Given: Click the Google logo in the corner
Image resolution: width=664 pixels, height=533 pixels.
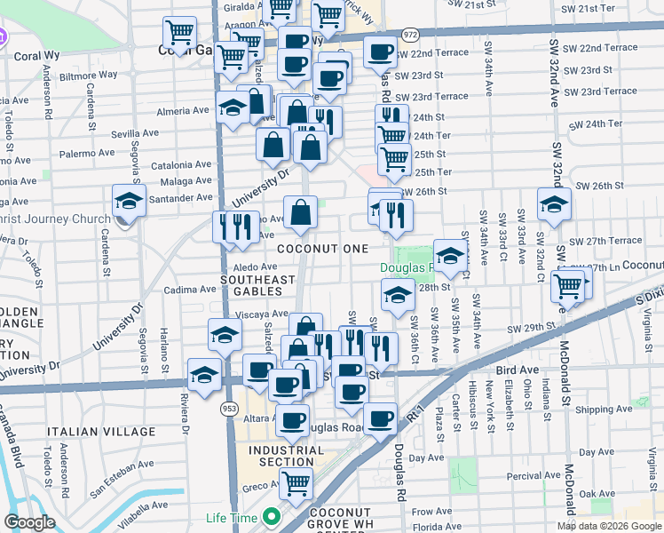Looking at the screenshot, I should [29, 522].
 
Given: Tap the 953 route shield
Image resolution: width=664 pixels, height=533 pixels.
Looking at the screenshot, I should [228, 407].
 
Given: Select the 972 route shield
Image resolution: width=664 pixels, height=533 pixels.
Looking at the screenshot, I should [409, 33].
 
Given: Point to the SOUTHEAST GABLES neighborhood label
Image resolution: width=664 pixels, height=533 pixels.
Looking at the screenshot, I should [257, 286].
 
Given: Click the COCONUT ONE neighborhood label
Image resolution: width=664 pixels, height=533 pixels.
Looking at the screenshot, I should [316, 250].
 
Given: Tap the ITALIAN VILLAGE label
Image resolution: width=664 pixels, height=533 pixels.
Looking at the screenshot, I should [101, 431].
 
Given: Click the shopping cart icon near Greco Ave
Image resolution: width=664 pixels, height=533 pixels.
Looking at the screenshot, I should [296, 483].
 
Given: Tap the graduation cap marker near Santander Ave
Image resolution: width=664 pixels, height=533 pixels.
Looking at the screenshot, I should [129, 202].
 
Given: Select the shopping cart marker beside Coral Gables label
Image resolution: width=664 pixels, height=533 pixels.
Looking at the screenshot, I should [180, 34].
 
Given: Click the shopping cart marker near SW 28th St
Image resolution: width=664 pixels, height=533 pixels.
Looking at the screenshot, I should [567, 285].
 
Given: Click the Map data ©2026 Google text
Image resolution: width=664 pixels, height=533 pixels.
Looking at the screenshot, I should [608, 526].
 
